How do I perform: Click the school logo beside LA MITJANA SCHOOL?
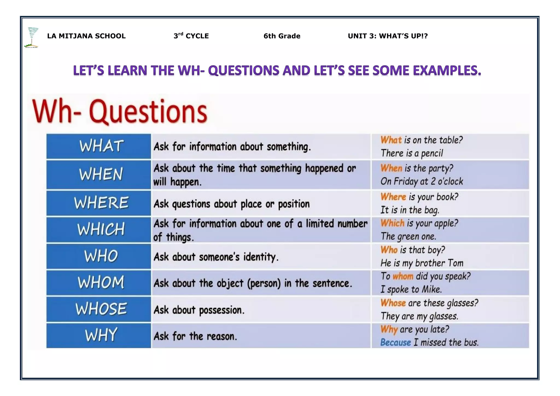[x=32, y=37]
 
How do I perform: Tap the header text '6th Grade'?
[x=282, y=36]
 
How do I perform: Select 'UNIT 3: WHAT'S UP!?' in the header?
[x=387, y=36]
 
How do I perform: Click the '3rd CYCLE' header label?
[x=191, y=36]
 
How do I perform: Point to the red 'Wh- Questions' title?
[x=120, y=112]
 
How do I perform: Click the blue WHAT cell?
[x=99, y=146]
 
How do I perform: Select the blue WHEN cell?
[x=99, y=174]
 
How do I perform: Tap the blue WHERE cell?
[x=99, y=203]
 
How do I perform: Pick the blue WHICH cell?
[x=99, y=229]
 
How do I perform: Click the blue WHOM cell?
[x=99, y=283]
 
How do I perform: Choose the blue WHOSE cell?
[x=99, y=309]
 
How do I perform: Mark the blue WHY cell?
[x=99, y=335]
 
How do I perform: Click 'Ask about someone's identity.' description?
[x=216, y=257]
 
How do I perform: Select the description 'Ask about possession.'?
[x=199, y=310]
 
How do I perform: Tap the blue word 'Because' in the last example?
[x=395, y=342]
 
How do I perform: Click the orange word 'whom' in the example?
[x=403, y=276]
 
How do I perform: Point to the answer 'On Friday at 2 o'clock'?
[x=422, y=181]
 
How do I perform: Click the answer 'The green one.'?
[x=408, y=236]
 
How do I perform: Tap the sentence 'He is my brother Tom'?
[x=422, y=263]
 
